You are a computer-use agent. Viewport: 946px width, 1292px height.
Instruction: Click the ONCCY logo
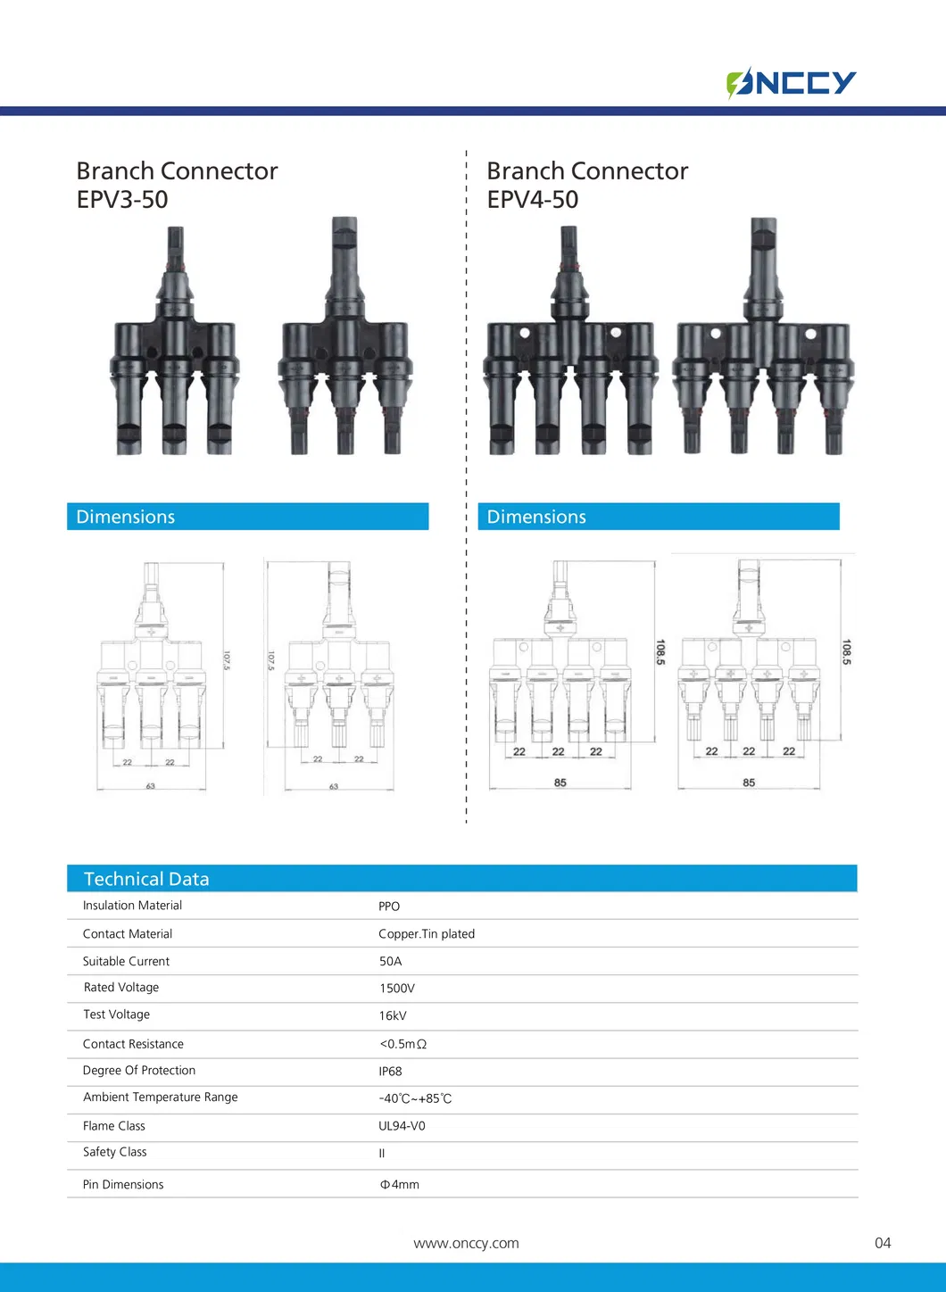coord(791,83)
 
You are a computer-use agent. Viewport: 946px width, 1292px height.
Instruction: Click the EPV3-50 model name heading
coord(122,200)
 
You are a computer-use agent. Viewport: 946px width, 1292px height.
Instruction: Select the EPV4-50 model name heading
coord(533,200)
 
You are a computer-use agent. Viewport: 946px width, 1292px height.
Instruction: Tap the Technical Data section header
coord(146,879)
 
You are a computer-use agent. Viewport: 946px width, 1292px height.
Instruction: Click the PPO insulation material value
coord(389,907)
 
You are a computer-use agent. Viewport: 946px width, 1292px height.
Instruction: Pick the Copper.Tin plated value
coord(427,934)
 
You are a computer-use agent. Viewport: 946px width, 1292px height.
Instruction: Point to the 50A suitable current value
coord(391,962)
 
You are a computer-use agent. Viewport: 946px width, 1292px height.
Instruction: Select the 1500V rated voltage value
coord(397,989)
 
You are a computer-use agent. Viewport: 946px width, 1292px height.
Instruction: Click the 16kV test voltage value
coord(393,1016)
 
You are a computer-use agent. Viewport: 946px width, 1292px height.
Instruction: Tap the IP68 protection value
coord(390,1072)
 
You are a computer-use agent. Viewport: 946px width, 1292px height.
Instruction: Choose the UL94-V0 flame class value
coord(402,1126)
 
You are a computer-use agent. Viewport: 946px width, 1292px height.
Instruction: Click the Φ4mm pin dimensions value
coord(399,1185)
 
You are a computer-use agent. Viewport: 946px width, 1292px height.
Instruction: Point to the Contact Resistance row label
coord(133,1044)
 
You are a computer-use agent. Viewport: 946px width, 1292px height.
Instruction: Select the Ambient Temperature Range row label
coord(161,1097)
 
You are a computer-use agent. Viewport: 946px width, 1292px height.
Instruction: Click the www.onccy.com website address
coord(466,1244)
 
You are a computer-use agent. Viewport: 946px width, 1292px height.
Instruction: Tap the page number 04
coord(883,1244)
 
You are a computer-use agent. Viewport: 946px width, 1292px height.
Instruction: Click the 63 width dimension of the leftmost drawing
coord(151,786)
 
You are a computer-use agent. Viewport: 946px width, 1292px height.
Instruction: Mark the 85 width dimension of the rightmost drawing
coord(749,783)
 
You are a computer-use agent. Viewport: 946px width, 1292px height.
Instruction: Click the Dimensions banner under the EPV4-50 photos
coord(659,517)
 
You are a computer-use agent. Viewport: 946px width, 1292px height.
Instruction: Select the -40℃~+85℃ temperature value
coord(415,1099)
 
